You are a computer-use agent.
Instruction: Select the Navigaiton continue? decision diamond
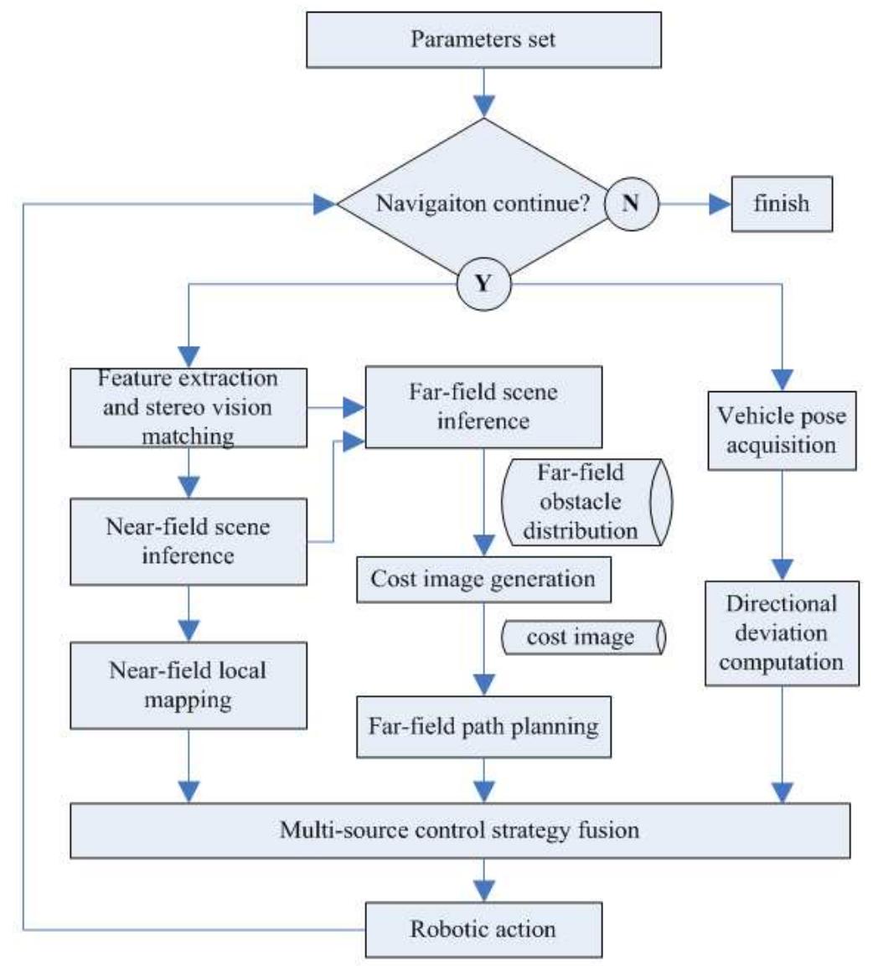point(469,204)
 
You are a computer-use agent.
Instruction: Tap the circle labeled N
point(632,203)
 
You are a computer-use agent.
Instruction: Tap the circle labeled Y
point(483,284)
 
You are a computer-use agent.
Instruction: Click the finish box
point(782,203)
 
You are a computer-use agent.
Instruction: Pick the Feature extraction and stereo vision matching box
point(188,408)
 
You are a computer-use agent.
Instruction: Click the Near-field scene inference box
point(188,541)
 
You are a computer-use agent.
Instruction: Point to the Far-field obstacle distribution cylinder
point(586,502)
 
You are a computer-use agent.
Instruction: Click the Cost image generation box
point(482,579)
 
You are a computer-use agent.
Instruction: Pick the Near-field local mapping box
point(188,684)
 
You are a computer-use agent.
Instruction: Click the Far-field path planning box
point(483,725)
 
